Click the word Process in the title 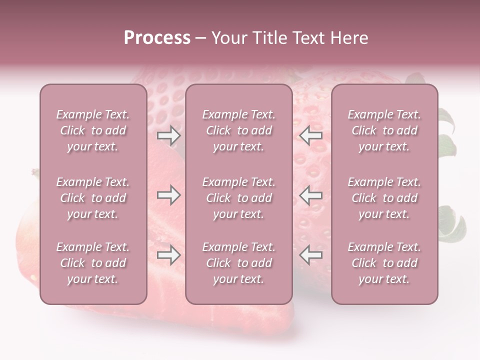[x=157, y=38]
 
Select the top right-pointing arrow [x=168, y=135]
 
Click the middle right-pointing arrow [x=168, y=195]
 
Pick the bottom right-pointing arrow [x=168, y=255]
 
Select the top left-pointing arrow [x=310, y=135]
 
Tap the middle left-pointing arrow [x=310, y=195]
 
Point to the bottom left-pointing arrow [x=310, y=255]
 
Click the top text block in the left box [x=93, y=130]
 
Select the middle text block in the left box [x=93, y=198]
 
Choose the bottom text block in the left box [x=93, y=263]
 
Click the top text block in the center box [x=238, y=130]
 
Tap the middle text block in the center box [x=238, y=198]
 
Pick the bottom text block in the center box [x=238, y=263]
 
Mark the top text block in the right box [x=384, y=130]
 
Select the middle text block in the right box [x=384, y=198]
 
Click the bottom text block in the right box [x=384, y=263]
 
